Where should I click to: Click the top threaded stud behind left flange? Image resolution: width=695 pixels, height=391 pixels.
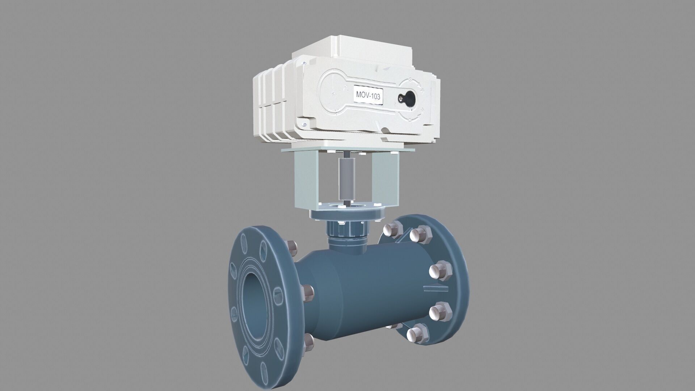click(292, 248)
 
